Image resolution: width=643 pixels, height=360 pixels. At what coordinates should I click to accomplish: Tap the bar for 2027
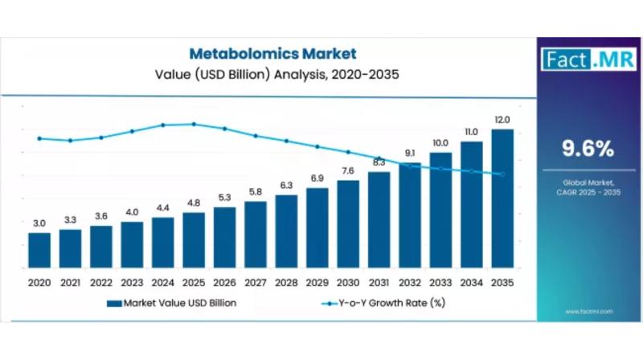256,234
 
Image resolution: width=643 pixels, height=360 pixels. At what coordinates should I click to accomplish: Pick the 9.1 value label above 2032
410,153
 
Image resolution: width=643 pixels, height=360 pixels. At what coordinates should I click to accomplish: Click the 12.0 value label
502,120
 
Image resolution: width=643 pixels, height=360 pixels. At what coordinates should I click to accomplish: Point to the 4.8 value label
194,202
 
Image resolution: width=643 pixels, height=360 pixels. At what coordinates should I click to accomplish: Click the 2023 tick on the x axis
132,283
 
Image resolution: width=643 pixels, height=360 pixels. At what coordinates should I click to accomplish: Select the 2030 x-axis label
348,283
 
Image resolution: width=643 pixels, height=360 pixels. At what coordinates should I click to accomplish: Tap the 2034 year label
472,283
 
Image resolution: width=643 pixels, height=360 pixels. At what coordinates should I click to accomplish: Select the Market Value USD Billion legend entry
178,303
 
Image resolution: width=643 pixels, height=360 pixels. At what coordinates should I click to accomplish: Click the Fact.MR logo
579,59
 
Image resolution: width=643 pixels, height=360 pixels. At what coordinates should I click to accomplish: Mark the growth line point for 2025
194,124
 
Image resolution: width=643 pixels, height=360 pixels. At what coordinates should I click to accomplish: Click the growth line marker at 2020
39,138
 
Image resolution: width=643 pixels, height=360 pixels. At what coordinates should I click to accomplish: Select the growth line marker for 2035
502,174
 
